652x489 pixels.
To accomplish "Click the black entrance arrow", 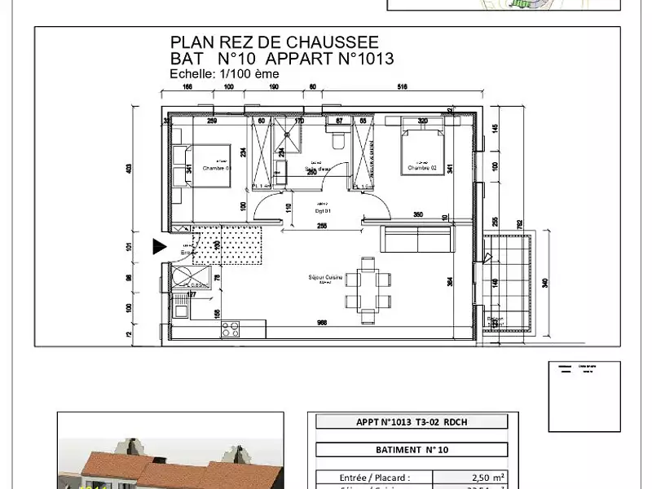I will (160, 246).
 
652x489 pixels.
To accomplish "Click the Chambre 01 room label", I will (218, 169).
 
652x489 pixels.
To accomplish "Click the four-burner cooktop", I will (231, 330).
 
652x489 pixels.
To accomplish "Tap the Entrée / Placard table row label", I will (375, 478).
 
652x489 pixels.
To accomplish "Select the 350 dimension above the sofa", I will (417, 214).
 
